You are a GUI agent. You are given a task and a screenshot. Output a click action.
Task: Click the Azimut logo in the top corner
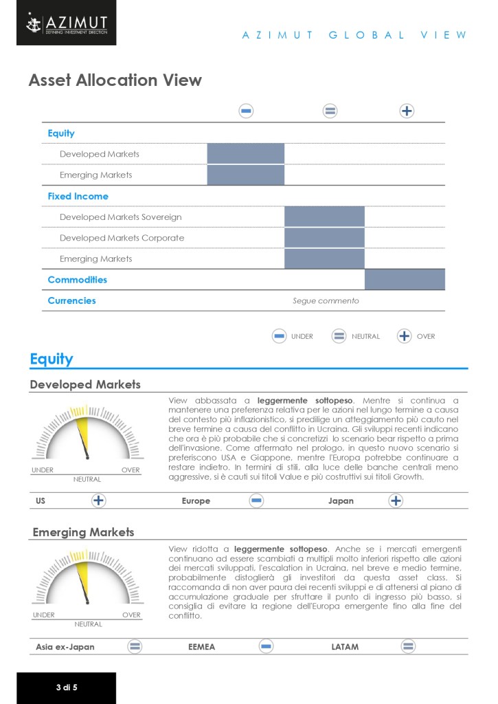point(67,25)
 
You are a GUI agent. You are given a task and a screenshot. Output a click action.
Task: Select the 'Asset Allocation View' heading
point(115,80)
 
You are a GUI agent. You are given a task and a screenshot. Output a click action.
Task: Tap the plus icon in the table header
point(407,111)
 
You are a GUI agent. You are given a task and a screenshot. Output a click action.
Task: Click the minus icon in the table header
point(246,111)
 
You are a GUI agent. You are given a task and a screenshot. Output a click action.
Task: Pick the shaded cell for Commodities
point(405,280)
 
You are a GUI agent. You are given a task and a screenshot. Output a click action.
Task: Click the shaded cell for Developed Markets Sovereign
point(324,217)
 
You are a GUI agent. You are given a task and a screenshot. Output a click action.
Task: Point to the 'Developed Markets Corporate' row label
point(122,238)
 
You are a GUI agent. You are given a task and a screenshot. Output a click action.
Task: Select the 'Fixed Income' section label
point(78,196)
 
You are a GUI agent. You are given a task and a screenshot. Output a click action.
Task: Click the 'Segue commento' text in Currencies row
point(326,300)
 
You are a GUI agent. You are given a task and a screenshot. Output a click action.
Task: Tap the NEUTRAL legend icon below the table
point(339,336)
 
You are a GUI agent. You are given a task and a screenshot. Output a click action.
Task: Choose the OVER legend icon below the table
point(404,336)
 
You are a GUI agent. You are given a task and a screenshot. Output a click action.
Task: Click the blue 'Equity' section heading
point(52,359)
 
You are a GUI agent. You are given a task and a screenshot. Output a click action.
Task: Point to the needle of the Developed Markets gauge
point(85,443)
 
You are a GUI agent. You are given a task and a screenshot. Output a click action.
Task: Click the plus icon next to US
point(99,500)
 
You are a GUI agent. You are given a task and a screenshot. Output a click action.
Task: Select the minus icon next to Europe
point(256,500)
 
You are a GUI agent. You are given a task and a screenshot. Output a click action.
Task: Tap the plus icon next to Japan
point(396,500)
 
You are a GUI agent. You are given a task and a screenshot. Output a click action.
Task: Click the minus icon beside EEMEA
point(266,646)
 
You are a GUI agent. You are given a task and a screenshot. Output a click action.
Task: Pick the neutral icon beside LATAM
point(409,646)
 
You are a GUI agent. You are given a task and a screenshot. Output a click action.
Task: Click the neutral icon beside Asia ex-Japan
point(135,646)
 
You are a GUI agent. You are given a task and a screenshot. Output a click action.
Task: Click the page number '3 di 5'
point(67,687)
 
